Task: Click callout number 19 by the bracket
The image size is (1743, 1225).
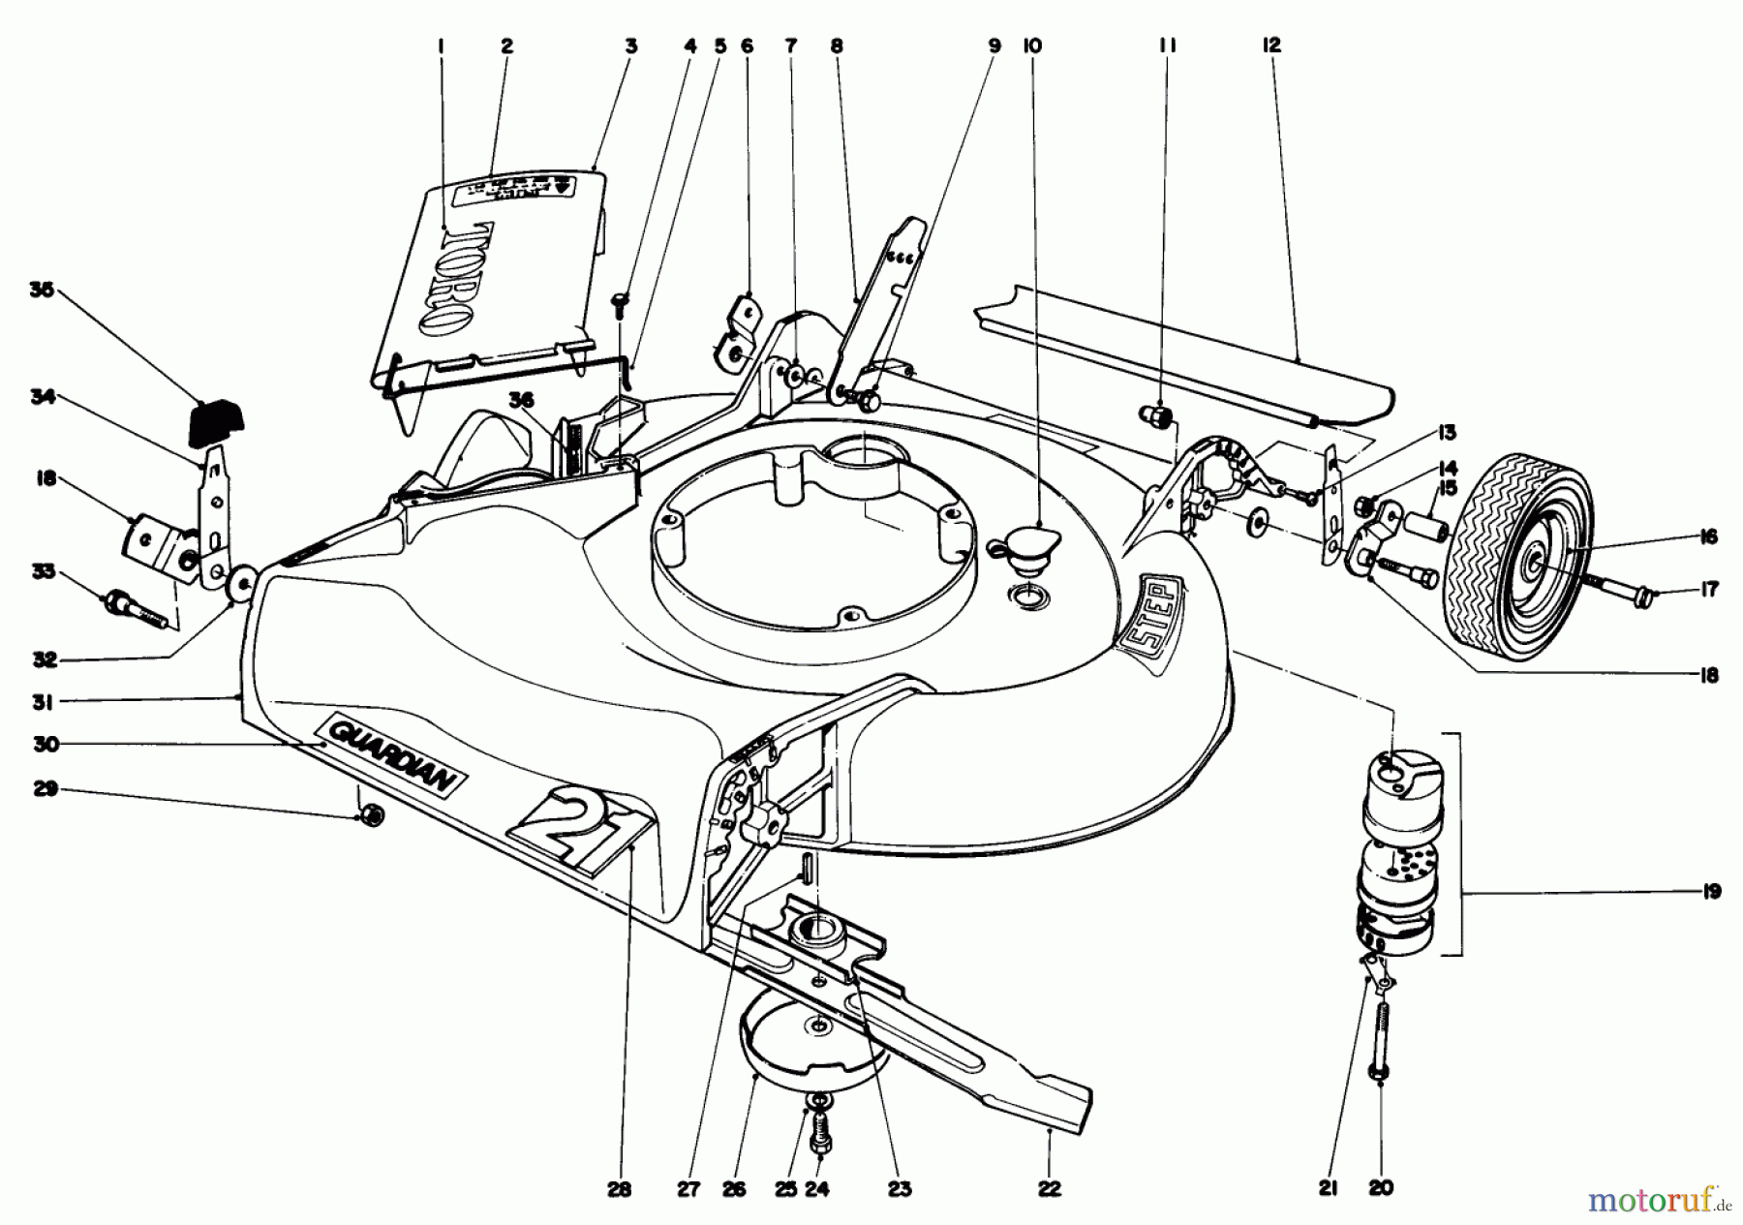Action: [1710, 892]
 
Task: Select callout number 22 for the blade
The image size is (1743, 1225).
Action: [1050, 1189]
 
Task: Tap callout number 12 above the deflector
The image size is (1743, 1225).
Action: [1271, 45]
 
